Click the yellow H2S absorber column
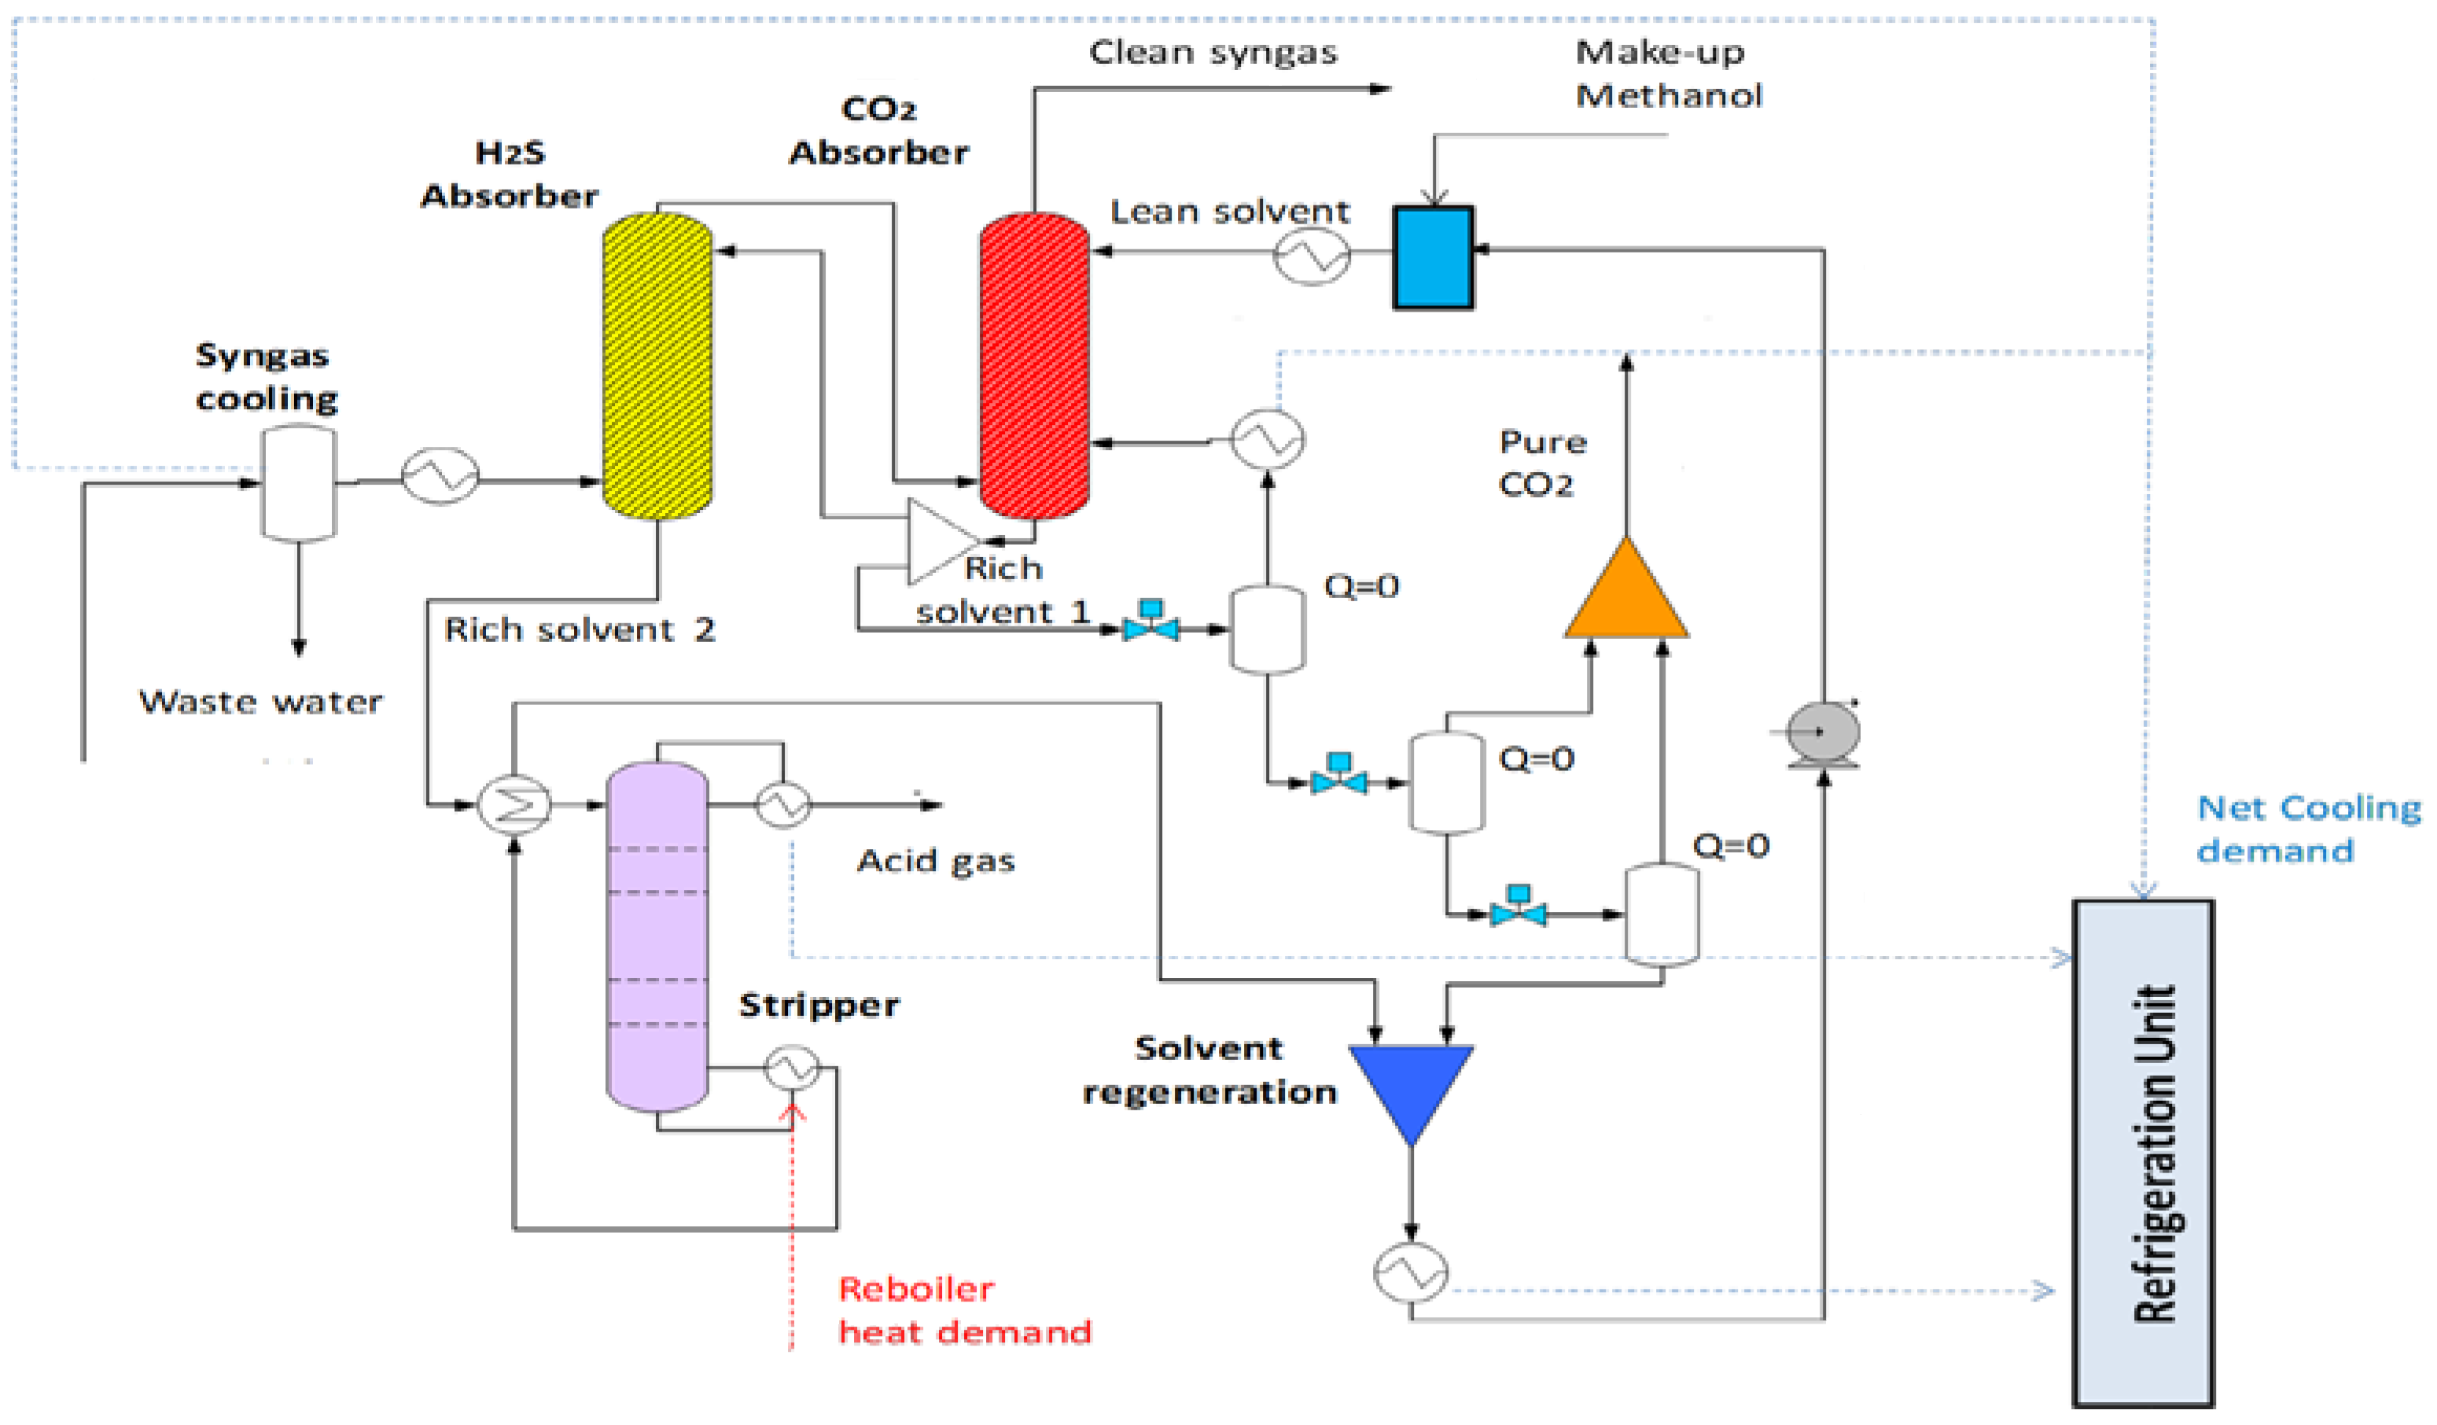coord(657,366)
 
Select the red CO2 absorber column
coord(1034,366)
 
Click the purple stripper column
coord(657,936)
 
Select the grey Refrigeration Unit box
coord(2142,1154)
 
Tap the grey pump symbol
coord(1822,733)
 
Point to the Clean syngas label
coord(1213,52)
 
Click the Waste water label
coord(260,701)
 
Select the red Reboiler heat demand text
coord(963,1310)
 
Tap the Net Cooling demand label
coord(2306,829)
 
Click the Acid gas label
coord(935,860)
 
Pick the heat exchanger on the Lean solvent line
coord(1312,256)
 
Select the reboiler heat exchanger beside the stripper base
coord(791,1068)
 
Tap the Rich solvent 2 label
coord(578,629)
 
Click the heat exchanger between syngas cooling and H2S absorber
coord(440,475)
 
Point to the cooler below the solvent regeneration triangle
coord(1410,1272)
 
